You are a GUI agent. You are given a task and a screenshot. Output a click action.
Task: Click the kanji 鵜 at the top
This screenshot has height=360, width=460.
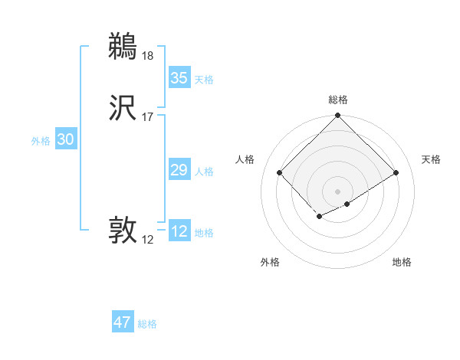(x=123, y=46)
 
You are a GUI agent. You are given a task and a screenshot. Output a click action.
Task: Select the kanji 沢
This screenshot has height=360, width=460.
(x=123, y=108)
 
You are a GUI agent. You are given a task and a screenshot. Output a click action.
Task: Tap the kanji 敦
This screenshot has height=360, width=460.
(x=123, y=230)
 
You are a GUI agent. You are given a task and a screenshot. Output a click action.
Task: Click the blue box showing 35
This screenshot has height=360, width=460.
(x=179, y=78)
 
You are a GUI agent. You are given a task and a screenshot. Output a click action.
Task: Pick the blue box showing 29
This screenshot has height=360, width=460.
(x=179, y=170)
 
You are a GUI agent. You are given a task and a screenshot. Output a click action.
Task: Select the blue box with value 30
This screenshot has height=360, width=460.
(x=66, y=139)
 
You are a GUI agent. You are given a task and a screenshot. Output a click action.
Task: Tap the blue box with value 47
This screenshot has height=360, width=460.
(x=123, y=322)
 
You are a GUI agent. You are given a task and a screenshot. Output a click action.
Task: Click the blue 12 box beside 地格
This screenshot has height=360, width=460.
(x=179, y=231)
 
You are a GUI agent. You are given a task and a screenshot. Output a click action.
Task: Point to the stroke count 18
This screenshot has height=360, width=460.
(x=148, y=56)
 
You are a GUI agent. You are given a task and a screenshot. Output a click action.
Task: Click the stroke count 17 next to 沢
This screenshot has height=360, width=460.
(x=148, y=117)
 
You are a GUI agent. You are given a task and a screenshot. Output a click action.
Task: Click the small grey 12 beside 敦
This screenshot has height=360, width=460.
(x=148, y=240)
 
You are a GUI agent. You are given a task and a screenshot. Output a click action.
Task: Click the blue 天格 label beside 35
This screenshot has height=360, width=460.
(x=204, y=80)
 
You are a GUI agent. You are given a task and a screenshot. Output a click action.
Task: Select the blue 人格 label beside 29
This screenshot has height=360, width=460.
(x=204, y=172)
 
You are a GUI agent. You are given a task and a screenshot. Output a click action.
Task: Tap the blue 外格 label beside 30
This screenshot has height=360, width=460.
(x=41, y=141)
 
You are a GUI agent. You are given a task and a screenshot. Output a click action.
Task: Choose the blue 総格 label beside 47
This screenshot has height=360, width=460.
(x=148, y=324)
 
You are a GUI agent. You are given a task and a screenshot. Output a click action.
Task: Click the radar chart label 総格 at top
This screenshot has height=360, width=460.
(x=338, y=100)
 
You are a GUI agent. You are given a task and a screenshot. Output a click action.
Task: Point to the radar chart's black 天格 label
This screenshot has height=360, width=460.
(x=431, y=159)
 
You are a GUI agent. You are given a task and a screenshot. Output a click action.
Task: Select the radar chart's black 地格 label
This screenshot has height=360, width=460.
(x=402, y=262)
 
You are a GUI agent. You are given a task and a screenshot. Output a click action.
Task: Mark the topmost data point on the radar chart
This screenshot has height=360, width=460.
(x=338, y=116)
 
